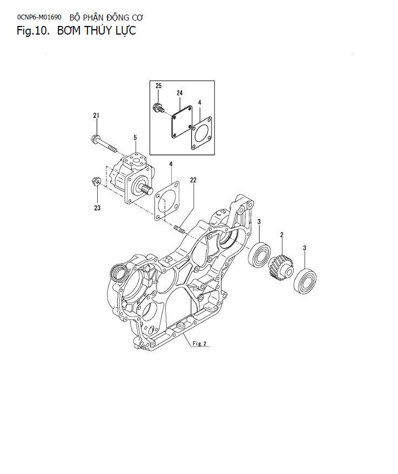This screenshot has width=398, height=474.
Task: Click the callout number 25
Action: tap(158, 86)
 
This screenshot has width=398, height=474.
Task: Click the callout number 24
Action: tap(179, 92)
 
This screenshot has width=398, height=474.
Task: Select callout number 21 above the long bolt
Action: tap(96, 116)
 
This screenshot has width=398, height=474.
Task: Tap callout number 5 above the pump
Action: tap(135, 138)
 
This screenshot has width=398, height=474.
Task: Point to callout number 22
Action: tap(193, 180)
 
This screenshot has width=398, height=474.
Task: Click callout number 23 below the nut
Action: tap(97, 207)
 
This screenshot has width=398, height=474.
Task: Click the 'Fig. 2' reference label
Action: tap(199, 343)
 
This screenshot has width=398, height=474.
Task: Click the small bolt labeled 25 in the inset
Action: tap(158, 107)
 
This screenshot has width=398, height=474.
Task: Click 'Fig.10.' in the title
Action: tap(33, 31)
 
